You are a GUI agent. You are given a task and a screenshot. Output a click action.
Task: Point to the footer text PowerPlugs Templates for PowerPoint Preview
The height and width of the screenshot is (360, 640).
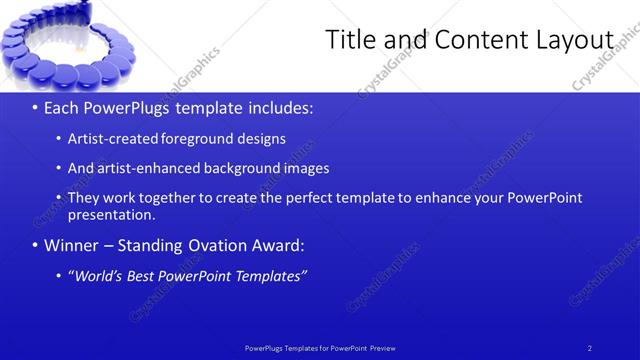[320, 347]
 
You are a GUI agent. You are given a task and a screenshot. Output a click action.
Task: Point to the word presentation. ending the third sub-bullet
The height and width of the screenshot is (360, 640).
[111, 214]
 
